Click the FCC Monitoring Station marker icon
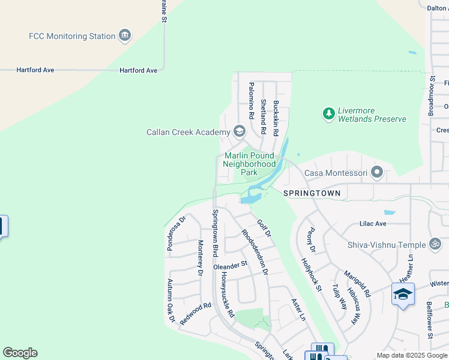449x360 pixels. pos(125,36)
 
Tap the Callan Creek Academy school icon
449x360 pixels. pos(239,131)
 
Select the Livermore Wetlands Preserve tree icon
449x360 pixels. pos(328,113)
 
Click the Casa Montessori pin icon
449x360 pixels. pos(377,173)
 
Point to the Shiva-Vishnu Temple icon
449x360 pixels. pos(435,244)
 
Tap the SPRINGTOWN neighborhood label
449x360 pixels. pos(312,193)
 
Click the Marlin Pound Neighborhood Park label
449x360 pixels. pos(249,164)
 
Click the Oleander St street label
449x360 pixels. pos(231,264)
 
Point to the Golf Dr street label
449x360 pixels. pos(264,229)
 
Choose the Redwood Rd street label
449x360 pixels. pos(196,313)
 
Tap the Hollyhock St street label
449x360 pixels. pos(312,275)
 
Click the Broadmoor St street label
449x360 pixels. pos(431,95)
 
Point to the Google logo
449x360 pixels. pos(20,353)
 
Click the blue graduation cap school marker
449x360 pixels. pos(403,295)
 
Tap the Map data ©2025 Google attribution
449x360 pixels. pos(412,355)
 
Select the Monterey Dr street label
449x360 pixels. pos(200,258)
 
